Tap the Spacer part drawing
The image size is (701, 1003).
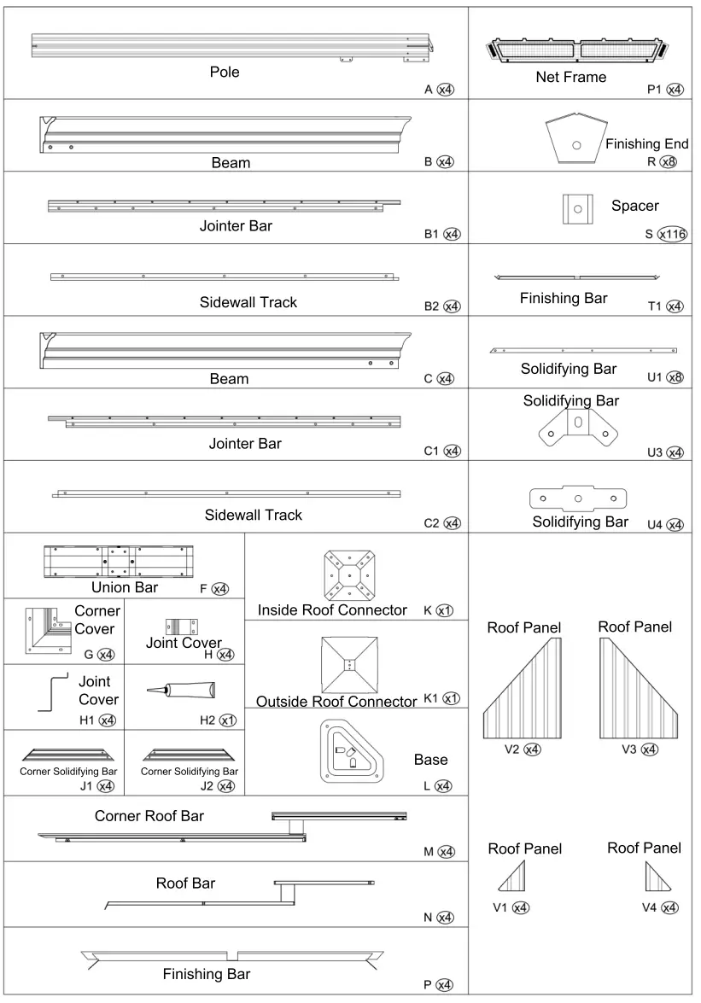click(577, 208)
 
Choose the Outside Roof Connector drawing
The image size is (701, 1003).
click(348, 664)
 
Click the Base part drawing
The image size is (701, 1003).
click(350, 750)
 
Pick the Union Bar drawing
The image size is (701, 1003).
click(118, 562)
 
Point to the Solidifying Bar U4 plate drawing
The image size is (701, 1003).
click(578, 498)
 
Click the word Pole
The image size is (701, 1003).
click(225, 72)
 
